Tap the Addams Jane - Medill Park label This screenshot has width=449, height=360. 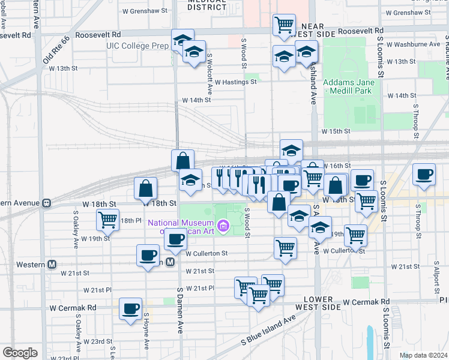pos(348,87)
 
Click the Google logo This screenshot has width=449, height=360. pos(19,353)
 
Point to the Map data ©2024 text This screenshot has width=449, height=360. pos(423,355)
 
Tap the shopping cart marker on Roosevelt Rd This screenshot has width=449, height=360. pos(284,25)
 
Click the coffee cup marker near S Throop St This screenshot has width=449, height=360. pos(424,175)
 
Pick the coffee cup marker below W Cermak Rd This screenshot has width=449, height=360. pos(130,309)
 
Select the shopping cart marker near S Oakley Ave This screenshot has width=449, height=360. pos(107,220)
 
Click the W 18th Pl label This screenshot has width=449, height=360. pos(128,221)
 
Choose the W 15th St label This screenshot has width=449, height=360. pos(336,131)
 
